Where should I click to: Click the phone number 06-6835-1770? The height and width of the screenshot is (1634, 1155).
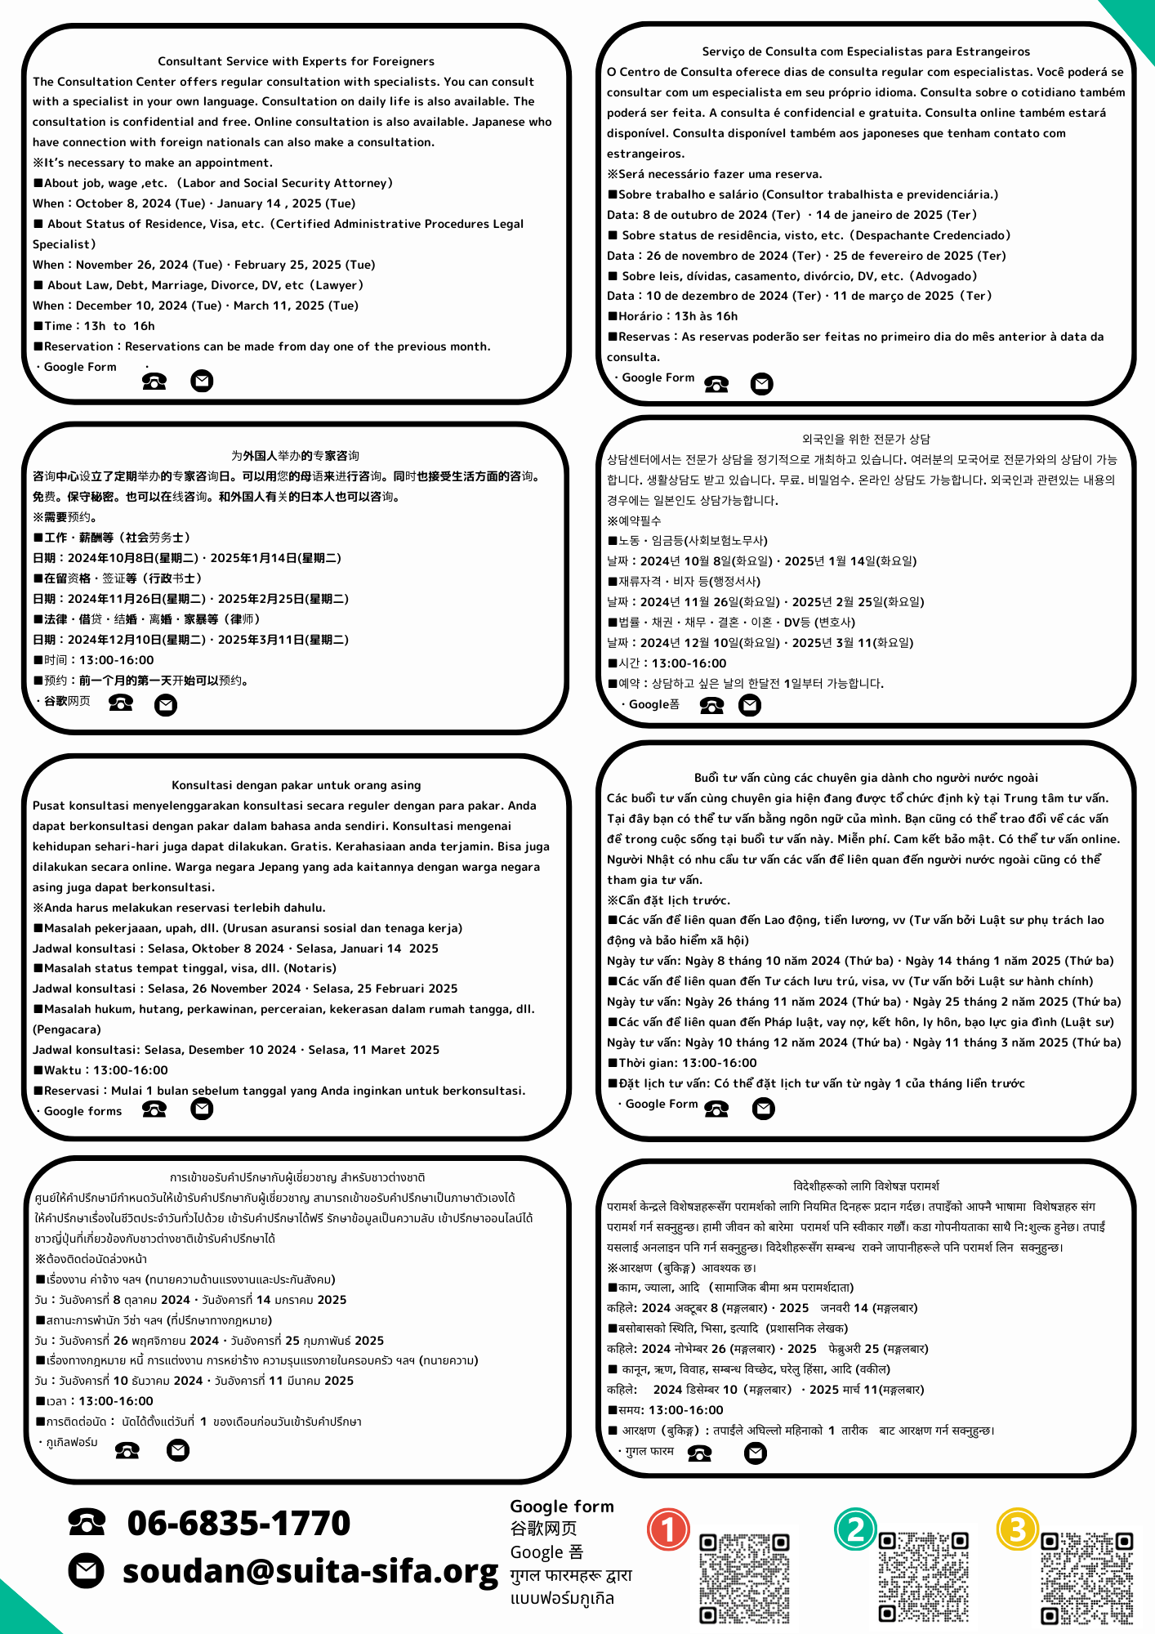coord(239,1523)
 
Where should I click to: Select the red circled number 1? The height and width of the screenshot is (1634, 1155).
coord(668,1529)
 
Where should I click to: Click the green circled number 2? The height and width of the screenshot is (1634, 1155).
coord(855,1529)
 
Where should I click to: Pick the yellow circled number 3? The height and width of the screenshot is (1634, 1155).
coord(1017,1529)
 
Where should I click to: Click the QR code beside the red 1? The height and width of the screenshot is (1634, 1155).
coord(744,1578)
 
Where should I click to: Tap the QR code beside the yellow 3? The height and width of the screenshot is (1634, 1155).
coord(1086,1578)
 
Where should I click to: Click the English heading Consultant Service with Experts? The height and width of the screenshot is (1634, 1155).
coord(296,61)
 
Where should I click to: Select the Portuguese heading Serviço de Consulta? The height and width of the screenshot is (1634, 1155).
coord(866,51)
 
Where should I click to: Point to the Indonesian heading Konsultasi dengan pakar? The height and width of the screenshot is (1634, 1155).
coord(296,785)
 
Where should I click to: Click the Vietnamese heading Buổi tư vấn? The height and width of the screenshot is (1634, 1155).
coord(866,778)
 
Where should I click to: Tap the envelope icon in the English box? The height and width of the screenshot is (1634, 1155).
coord(202,381)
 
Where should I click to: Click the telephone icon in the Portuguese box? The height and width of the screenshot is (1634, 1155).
coord(716,384)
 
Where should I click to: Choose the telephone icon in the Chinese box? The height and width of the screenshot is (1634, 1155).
coord(121,703)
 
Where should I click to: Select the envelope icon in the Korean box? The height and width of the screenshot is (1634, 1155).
coord(749,705)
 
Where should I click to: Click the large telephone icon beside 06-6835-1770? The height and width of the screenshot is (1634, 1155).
coord(87,1521)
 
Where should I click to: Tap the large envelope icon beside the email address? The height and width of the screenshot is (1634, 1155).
coord(86,1571)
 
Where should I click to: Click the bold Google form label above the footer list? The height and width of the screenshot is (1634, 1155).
coord(562,1506)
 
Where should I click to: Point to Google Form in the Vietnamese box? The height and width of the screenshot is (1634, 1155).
coord(661,1104)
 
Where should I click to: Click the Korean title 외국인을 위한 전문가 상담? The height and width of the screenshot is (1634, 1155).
coord(866,439)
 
